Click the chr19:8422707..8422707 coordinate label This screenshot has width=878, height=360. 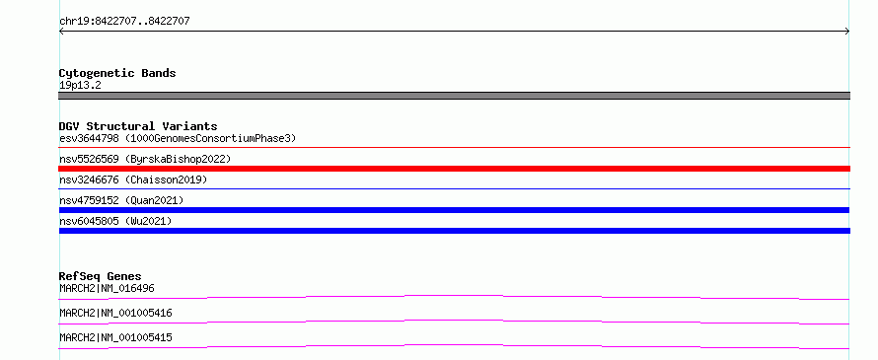point(124,22)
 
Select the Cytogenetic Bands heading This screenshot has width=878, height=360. point(117,73)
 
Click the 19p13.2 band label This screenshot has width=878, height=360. point(80,86)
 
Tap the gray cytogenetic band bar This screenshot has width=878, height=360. point(454,96)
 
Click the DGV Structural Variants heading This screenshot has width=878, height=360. point(138,126)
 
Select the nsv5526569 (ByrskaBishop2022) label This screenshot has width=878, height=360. point(145,159)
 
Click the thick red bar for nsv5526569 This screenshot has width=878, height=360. point(454,169)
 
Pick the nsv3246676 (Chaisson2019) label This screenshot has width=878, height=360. point(133,180)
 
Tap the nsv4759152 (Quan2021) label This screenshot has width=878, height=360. point(121,200)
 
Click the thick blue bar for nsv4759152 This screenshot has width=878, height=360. point(454,210)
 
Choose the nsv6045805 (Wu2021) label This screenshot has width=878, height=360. point(115,221)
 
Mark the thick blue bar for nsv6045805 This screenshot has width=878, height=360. point(454,231)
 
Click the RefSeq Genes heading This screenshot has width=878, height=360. point(100,276)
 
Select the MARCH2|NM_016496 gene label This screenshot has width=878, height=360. point(107,289)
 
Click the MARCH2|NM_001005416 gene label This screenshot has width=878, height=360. point(115,314)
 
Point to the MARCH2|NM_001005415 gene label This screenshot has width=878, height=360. point(115,337)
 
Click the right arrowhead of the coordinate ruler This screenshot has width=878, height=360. point(848,32)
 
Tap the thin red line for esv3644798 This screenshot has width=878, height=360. point(454,147)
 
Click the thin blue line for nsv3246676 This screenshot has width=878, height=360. point(454,188)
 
